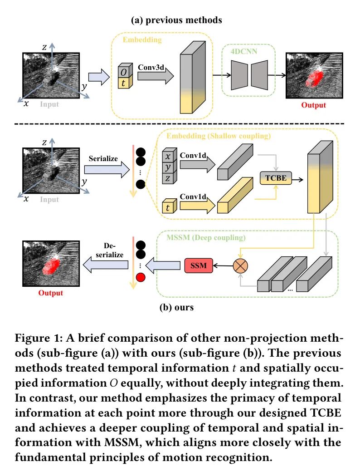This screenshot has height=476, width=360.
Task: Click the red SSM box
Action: (x=199, y=265)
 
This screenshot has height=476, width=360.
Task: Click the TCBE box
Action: (x=276, y=178)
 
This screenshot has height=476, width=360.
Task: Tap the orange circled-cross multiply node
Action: (x=240, y=266)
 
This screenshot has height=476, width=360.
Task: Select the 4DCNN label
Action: (x=244, y=51)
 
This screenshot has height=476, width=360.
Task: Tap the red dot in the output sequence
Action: (x=141, y=277)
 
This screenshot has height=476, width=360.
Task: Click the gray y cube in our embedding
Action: (x=169, y=167)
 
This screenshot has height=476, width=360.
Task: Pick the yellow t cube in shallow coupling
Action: (x=169, y=206)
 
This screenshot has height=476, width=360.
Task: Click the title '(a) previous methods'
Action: (x=176, y=20)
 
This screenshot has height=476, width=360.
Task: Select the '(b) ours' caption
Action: (x=176, y=307)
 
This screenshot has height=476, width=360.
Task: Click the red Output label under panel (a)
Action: (x=314, y=105)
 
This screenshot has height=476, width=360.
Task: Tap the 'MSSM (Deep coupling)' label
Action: (x=206, y=237)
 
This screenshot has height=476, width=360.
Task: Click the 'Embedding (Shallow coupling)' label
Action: (x=219, y=136)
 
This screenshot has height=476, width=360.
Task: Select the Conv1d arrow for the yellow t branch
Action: (x=198, y=206)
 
